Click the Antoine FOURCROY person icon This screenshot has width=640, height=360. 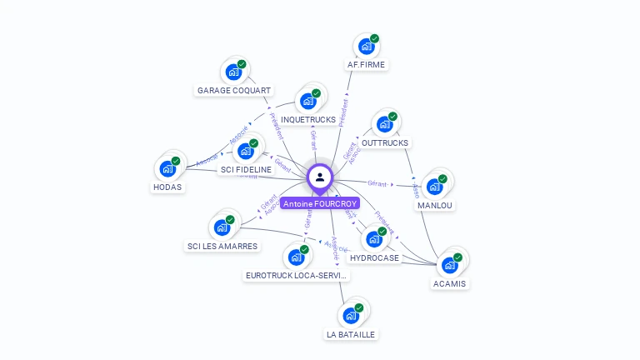pos(320,177)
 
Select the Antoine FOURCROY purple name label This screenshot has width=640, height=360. pos(320,203)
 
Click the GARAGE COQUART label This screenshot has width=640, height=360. pos(234,90)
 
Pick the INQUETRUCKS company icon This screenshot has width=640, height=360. pos(307,101)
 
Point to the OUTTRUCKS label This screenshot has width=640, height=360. pos(385,142)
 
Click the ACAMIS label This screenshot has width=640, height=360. pos(450,283)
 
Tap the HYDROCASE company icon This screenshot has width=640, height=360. pos(373,239)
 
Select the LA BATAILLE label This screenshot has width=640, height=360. pos(351,334)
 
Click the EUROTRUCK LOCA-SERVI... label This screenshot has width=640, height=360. pos(297,275)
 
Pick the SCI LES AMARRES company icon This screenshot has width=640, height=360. pos(222,227)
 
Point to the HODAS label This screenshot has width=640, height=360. pos(167,187)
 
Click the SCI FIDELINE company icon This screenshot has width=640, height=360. pos(245,151)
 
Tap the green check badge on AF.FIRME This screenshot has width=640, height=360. pos(375,38)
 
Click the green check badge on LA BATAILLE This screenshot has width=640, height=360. pos(359,307)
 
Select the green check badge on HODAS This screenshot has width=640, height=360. pos(176,161)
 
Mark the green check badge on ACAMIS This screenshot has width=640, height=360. pos(457,257)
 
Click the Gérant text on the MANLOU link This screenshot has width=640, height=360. pos(377,183)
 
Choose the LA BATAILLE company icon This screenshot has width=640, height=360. pos(350,315)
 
